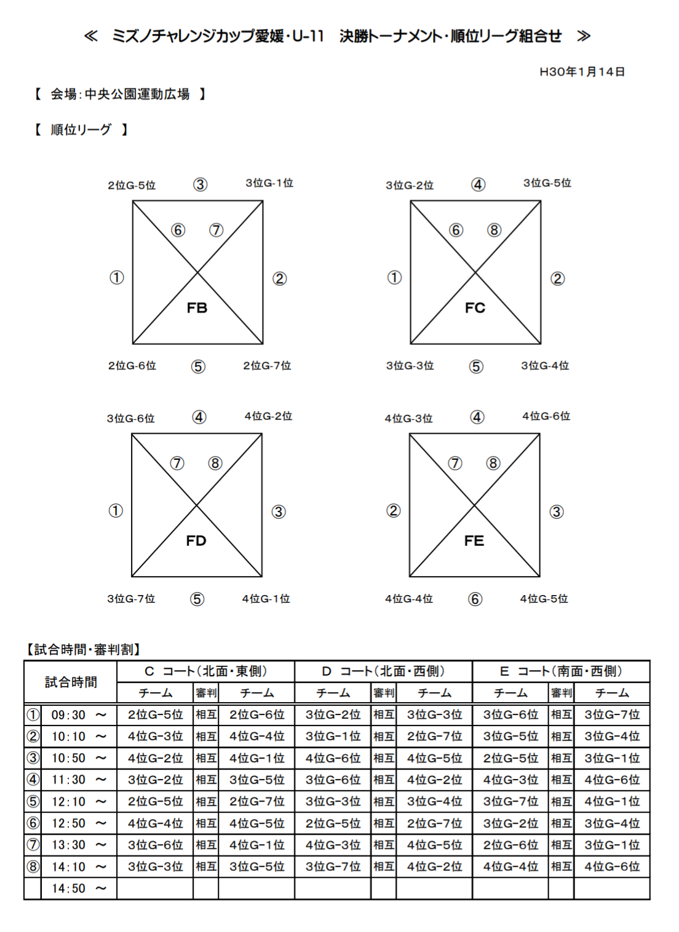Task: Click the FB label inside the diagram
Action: tap(197, 308)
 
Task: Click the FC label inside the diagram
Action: tap(475, 308)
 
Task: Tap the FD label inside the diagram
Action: tap(196, 541)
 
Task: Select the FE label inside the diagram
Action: tap(474, 541)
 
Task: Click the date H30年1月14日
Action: tap(582, 72)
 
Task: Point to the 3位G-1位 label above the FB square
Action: tap(269, 183)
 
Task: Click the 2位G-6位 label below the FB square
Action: tap(132, 366)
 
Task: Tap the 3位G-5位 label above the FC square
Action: tap(547, 183)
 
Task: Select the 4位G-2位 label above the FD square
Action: tap(268, 416)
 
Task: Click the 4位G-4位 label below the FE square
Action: tap(409, 599)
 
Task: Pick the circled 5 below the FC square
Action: tap(476, 367)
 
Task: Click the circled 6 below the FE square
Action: tap(475, 599)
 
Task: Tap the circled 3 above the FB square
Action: tap(201, 184)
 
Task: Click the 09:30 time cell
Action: tap(68, 715)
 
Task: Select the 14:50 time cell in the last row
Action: tap(68, 888)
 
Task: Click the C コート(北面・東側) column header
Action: tap(205, 671)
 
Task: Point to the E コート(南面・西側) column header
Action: tap(561, 671)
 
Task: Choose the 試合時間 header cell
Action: tap(71, 682)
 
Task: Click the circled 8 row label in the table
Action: tap(33, 867)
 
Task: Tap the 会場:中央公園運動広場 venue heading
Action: tap(120, 94)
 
